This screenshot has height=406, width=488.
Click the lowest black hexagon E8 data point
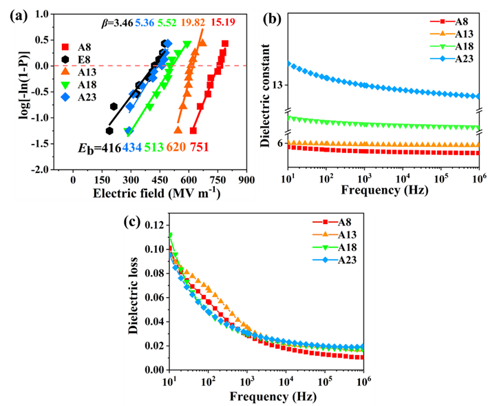(109, 130)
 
